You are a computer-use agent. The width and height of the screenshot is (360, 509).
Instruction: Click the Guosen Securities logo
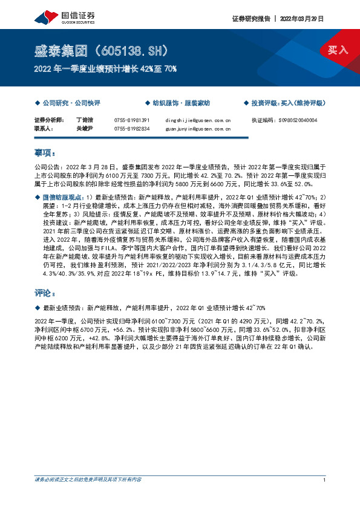pos(61,15)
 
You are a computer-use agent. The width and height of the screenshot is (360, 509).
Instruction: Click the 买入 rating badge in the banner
pos(338,49)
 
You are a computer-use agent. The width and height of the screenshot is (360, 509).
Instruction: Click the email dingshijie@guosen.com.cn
pos(198,120)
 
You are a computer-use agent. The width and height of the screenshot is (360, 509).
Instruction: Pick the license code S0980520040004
pos(292,120)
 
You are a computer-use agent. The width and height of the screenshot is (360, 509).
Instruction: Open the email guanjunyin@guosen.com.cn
pos(198,129)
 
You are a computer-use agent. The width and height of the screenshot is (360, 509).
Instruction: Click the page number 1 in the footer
pos(326,480)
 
